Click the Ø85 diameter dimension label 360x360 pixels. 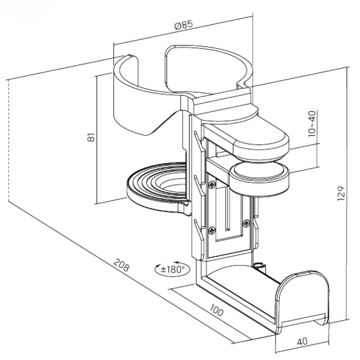(x=184, y=26)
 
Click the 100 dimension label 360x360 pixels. (x=216, y=310)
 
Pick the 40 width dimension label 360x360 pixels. (x=302, y=341)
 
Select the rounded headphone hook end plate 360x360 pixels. (x=303, y=296)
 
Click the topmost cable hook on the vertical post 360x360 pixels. (x=196, y=138)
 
